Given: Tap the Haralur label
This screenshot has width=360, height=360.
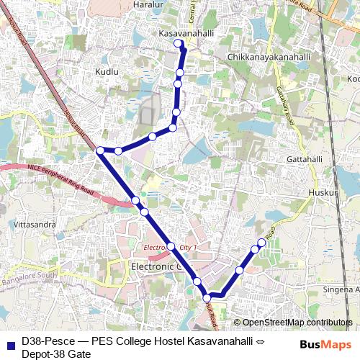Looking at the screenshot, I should pyautogui.click(x=149, y=4).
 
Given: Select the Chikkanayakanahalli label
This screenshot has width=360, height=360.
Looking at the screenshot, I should pyautogui.click(x=268, y=56).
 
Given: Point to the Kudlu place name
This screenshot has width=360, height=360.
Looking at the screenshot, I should pyautogui.click(x=107, y=72).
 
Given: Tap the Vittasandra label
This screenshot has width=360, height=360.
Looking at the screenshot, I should pyautogui.click(x=35, y=225).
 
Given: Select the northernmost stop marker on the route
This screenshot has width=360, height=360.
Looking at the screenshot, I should pyautogui.click(x=179, y=43).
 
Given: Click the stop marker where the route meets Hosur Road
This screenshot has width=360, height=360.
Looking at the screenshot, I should pyautogui.click(x=101, y=150).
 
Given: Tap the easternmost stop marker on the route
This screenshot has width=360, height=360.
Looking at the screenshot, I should pyautogui.click(x=261, y=243).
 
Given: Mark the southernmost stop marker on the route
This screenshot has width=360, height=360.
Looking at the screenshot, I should pyautogui.click(x=207, y=297).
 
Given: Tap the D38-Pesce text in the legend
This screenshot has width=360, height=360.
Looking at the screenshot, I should pyautogui.click(x=45, y=341).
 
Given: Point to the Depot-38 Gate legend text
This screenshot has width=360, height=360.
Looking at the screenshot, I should pyautogui.click(x=55, y=354).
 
